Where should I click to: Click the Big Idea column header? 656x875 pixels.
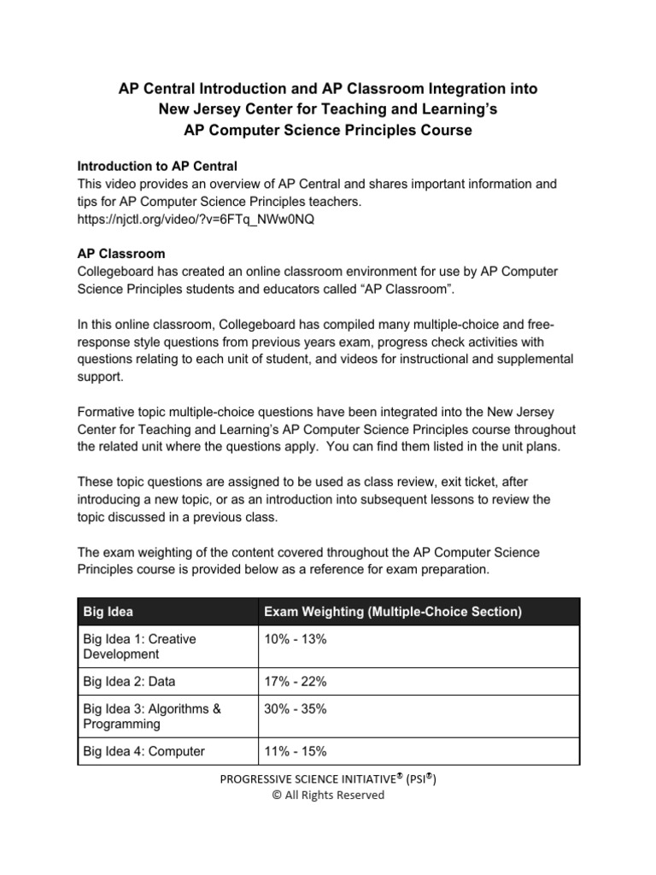tap(108, 612)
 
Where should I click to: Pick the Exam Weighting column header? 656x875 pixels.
tap(393, 612)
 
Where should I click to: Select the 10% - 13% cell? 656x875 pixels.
tap(296, 640)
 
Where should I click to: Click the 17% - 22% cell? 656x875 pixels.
tap(296, 682)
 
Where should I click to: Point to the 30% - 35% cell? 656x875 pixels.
tap(296, 709)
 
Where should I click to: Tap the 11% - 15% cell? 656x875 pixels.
tap(296, 751)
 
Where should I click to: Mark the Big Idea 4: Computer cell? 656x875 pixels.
tap(143, 751)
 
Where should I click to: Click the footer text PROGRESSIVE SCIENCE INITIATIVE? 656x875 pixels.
tap(315, 778)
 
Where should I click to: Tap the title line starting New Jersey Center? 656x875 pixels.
tap(327, 109)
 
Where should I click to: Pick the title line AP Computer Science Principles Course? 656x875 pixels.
tap(327, 130)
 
